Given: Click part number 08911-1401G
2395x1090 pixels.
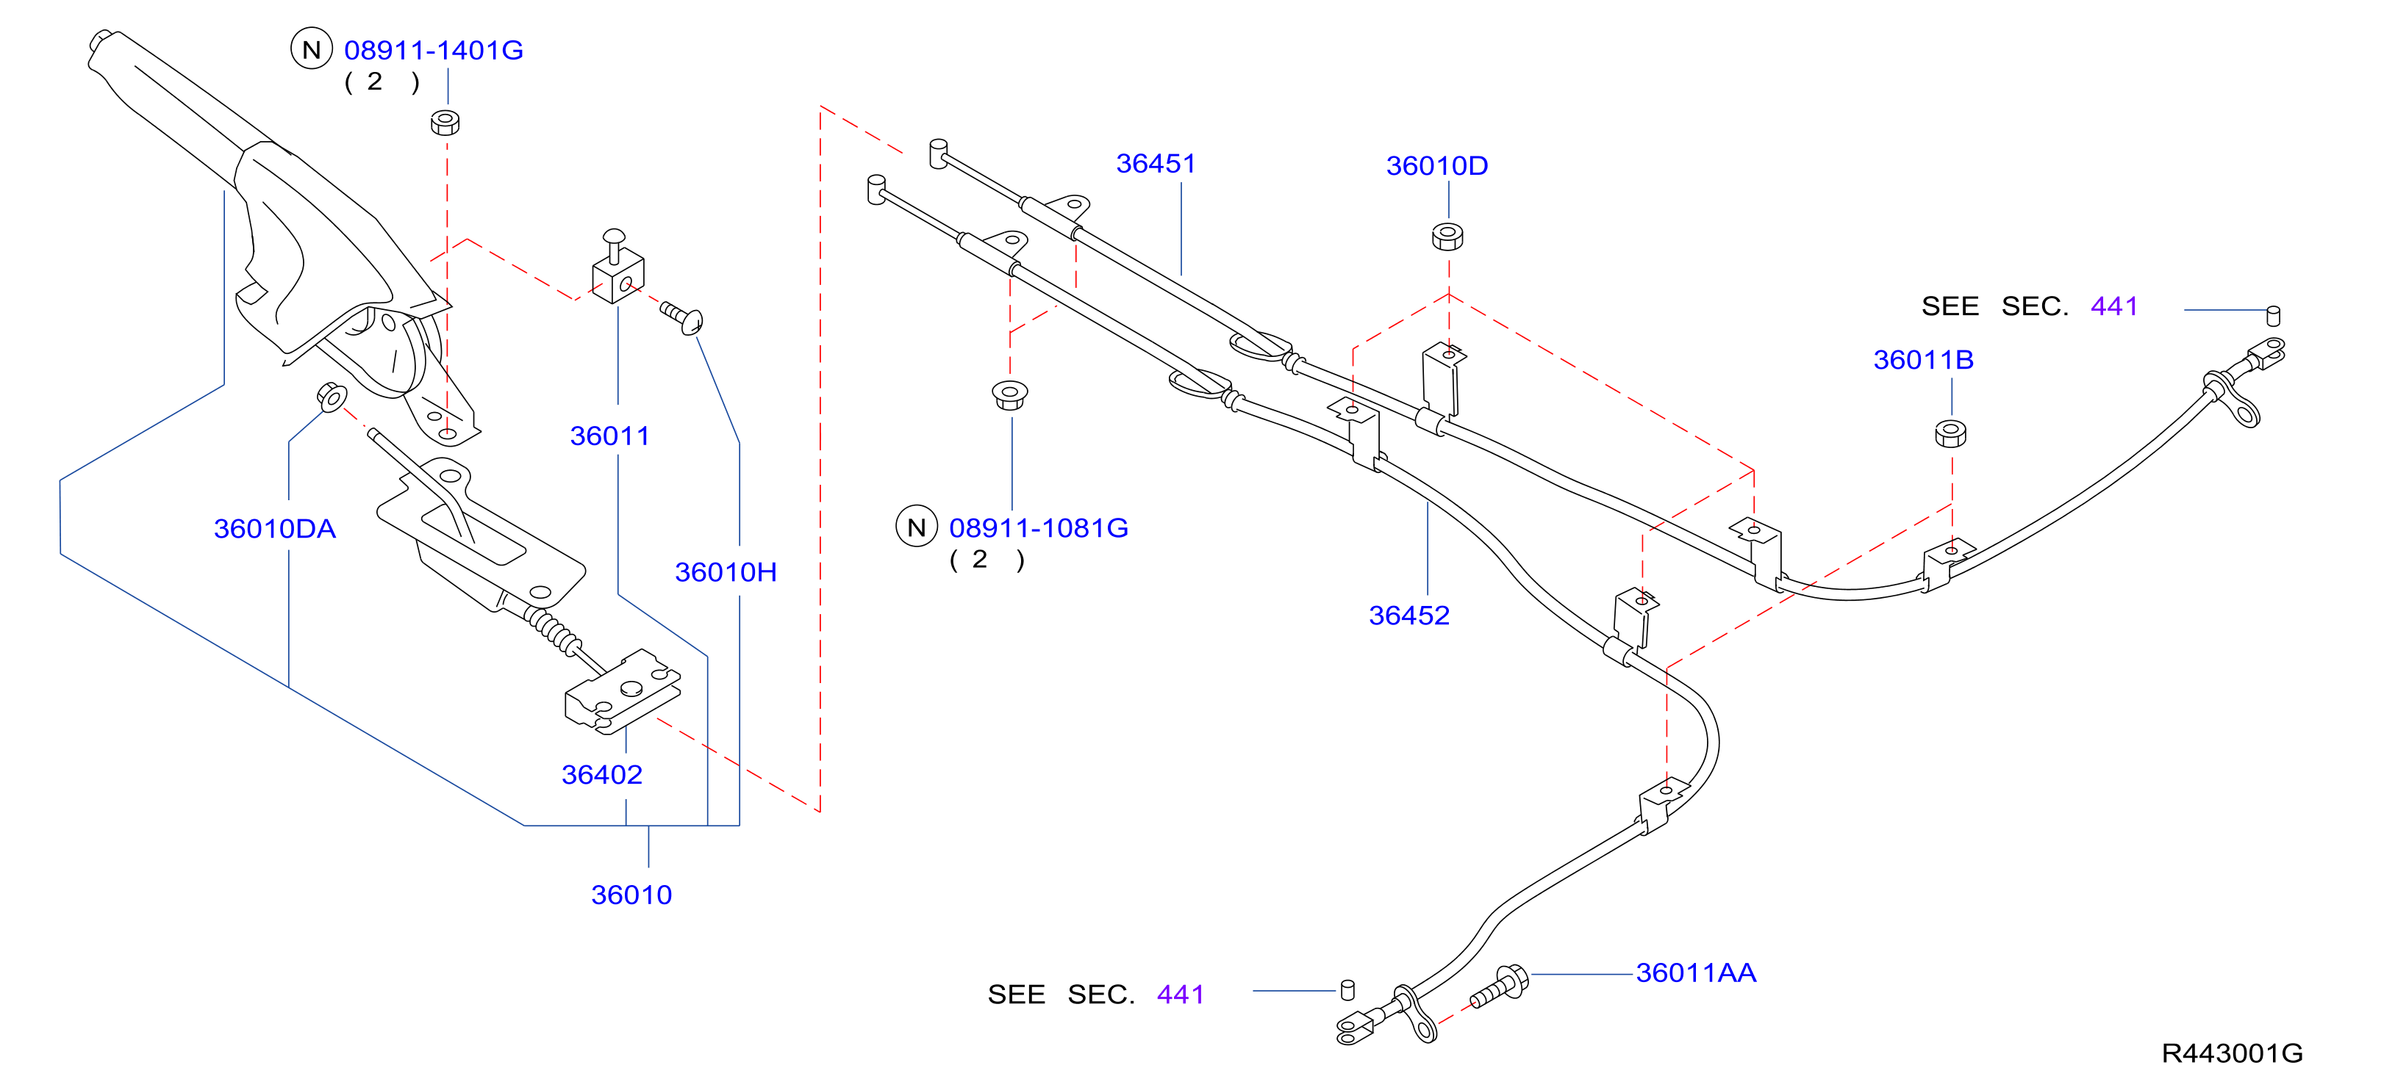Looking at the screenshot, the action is coord(433,50).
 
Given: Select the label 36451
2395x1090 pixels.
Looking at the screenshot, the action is coord(1156,164).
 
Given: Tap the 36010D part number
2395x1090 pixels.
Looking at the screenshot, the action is coord(1436,166).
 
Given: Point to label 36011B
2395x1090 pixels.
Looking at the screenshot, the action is coord(1923,360).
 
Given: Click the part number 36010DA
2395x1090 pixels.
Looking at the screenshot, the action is coord(274,529).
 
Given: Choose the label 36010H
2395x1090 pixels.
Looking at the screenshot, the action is coord(726,572).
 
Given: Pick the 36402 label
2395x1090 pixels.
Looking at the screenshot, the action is coord(601,775).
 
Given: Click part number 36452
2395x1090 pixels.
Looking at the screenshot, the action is coord(1408,616).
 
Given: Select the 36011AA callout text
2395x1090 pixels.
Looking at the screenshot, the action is coord(1696,973).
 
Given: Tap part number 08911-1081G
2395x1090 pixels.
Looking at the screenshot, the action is coord(1039,528).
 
